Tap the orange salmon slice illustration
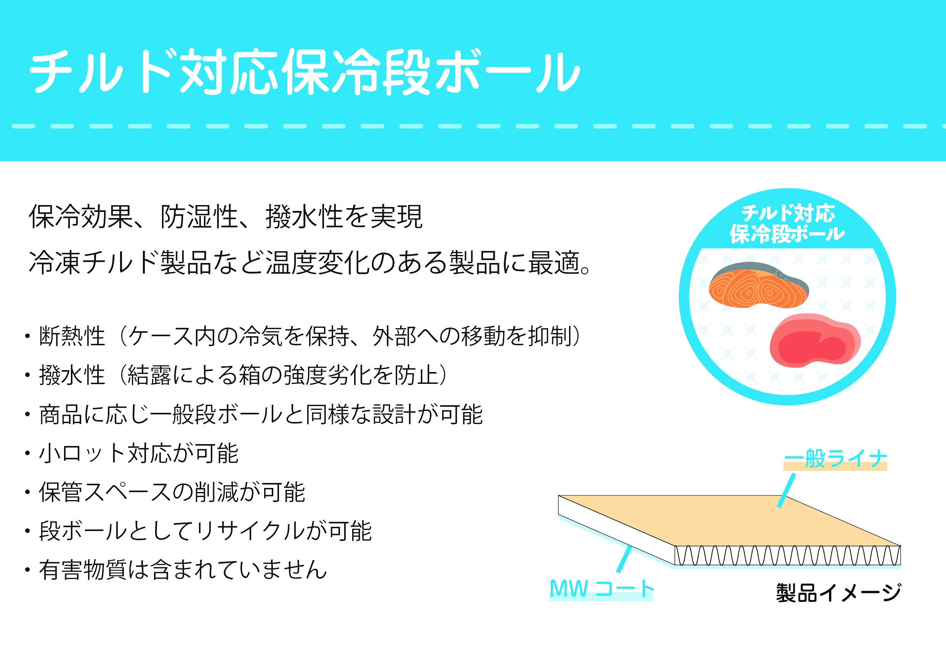[x=758, y=286]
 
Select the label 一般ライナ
[x=835, y=459]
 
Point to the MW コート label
[x=601, y=588]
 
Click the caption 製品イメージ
[x=839, y=593]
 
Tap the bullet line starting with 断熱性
[x=303, y=336]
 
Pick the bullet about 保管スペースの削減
[x=164, y=492]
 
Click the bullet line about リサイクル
[x=198, y=531]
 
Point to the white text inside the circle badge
[x=787, y=224]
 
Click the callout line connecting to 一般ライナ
[x=786, y=491]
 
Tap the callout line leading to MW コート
[x=624, y=559]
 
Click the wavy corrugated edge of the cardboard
[x=787, y=556]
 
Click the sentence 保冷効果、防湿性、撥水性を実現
[x=226, y=217]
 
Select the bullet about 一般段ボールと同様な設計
[x=253, y=415]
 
